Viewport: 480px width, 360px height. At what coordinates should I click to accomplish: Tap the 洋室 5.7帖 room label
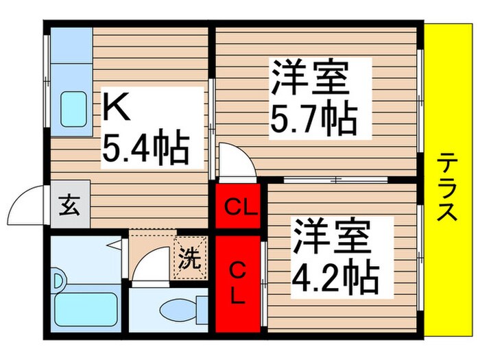pyautogui.click(x=312, y=98)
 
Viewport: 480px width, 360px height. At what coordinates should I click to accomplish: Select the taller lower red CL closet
pyautogui.click(x=238, y=283)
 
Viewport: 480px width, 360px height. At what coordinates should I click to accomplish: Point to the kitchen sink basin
pyautogui.click(x=73, y=109)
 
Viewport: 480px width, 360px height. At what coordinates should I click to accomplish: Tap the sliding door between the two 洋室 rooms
pyautogui.click(x=336, y=180)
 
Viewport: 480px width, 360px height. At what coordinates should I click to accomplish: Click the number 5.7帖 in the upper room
pyautogui.click(x=312, y=121)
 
